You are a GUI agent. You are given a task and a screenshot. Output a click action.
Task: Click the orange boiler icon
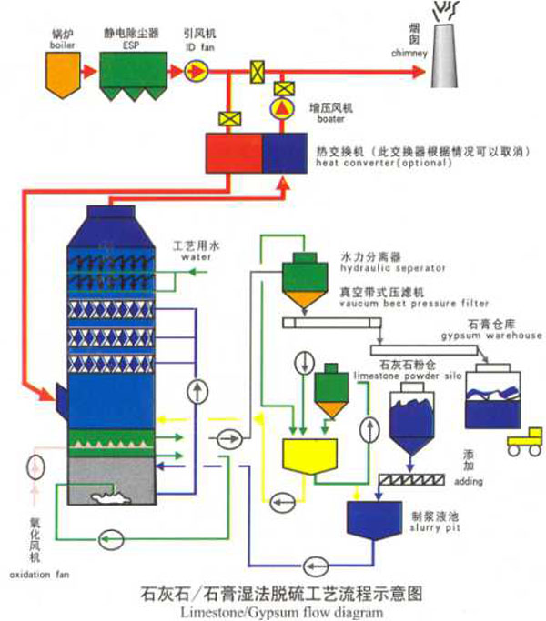(x=63, y=72)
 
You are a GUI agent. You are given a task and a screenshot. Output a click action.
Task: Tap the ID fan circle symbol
(x=196, y=71)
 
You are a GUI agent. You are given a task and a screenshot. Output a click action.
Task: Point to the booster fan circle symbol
(x=284, y=109)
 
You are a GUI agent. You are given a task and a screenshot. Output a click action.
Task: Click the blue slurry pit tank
(x=379, y=519)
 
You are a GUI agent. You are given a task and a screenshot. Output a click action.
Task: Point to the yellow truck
(x=522, y=443)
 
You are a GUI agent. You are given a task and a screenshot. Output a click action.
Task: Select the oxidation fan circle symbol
(x=36, y=468)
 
